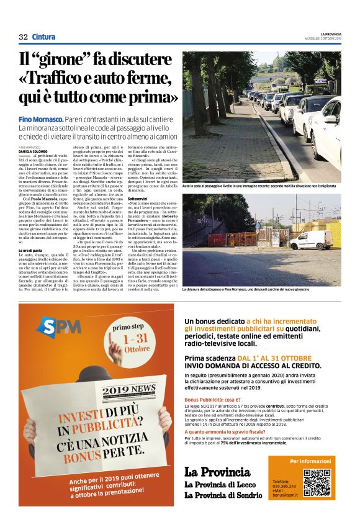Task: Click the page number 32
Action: click(x=23, y=37)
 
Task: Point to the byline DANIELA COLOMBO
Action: click(x=32, y=151)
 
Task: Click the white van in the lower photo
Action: click(x=310, y=240)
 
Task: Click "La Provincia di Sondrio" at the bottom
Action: click(x=223, y=495)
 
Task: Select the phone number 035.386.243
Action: click(x=283, y=486)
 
